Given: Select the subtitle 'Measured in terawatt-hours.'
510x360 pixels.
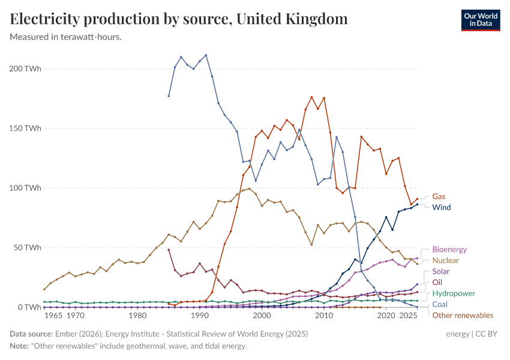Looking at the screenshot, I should pyautogui.click(x=66, y=37).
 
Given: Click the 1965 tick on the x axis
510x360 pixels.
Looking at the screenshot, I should pyautogui.click(x=53, y=316).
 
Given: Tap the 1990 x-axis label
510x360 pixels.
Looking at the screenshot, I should pyautogui.click(x=199, y=316).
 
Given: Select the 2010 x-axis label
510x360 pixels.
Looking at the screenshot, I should pyautogui.click(x=324, y=316).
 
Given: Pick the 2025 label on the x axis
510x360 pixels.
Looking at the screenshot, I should pyautogui.click(x=409, y=316).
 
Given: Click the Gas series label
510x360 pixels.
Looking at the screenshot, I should pyautogui.click(x=439, y=196).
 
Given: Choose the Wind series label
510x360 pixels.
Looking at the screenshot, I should pyautogui.click(x=442, y=208).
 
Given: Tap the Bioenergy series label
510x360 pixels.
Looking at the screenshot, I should pyautogui.click(x=449, y=250).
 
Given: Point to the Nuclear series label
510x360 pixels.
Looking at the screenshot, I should pyautogui.click(x=445, y=261).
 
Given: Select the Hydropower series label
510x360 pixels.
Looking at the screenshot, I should pyautogui.click(x=454, y=293).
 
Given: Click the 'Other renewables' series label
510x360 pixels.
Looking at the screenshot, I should pyautogui.click(x=463, y=316).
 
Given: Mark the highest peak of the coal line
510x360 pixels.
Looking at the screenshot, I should pyautogui.click(x=206, y=55).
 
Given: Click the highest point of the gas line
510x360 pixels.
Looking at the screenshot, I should pyautogui.click(x=311, y=97).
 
